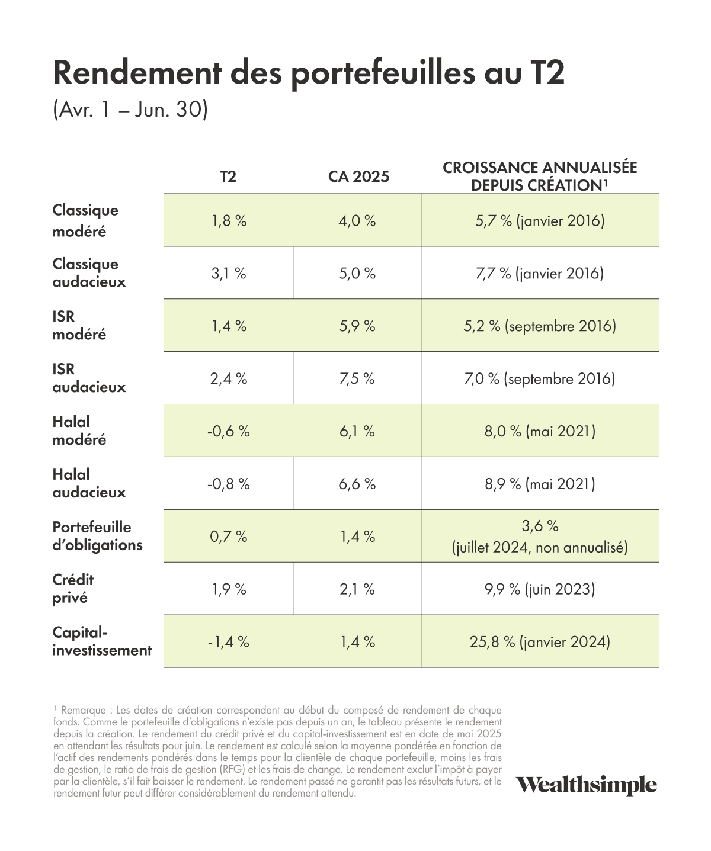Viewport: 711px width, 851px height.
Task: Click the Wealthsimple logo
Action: tap(586, 785)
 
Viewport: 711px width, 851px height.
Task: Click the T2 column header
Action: tap(228, 176)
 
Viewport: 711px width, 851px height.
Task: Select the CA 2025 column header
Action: tap(358, 176)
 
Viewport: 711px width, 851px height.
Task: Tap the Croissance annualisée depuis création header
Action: tap(540, 176)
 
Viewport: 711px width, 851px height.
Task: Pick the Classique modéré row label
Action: tap(85, 220)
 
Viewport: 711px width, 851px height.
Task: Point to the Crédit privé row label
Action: tap(73, 589)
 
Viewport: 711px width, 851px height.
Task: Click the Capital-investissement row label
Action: tap(102, 641)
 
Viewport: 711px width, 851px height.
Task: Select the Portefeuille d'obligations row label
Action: tap(98, 536)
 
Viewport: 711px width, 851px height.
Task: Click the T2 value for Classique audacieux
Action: tap(229, 273)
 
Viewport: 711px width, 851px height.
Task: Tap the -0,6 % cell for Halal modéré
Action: tap(229, 431)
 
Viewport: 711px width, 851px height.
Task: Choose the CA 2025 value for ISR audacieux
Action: tap(357, 378)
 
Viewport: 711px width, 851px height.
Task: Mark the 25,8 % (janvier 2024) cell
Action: tap(540, 642)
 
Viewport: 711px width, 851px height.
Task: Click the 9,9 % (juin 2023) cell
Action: tap(540, 589)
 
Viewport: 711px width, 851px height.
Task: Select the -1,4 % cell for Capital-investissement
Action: tap(229, 642)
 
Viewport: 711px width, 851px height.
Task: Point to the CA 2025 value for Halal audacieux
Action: tap(357, 484)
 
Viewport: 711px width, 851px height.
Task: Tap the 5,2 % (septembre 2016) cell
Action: tap(540, 326)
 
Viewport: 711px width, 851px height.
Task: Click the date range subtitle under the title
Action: tap(130, 109)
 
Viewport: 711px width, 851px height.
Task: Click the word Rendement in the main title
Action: tap(137, 73)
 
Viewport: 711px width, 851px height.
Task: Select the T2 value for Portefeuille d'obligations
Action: tap(229, 537)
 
